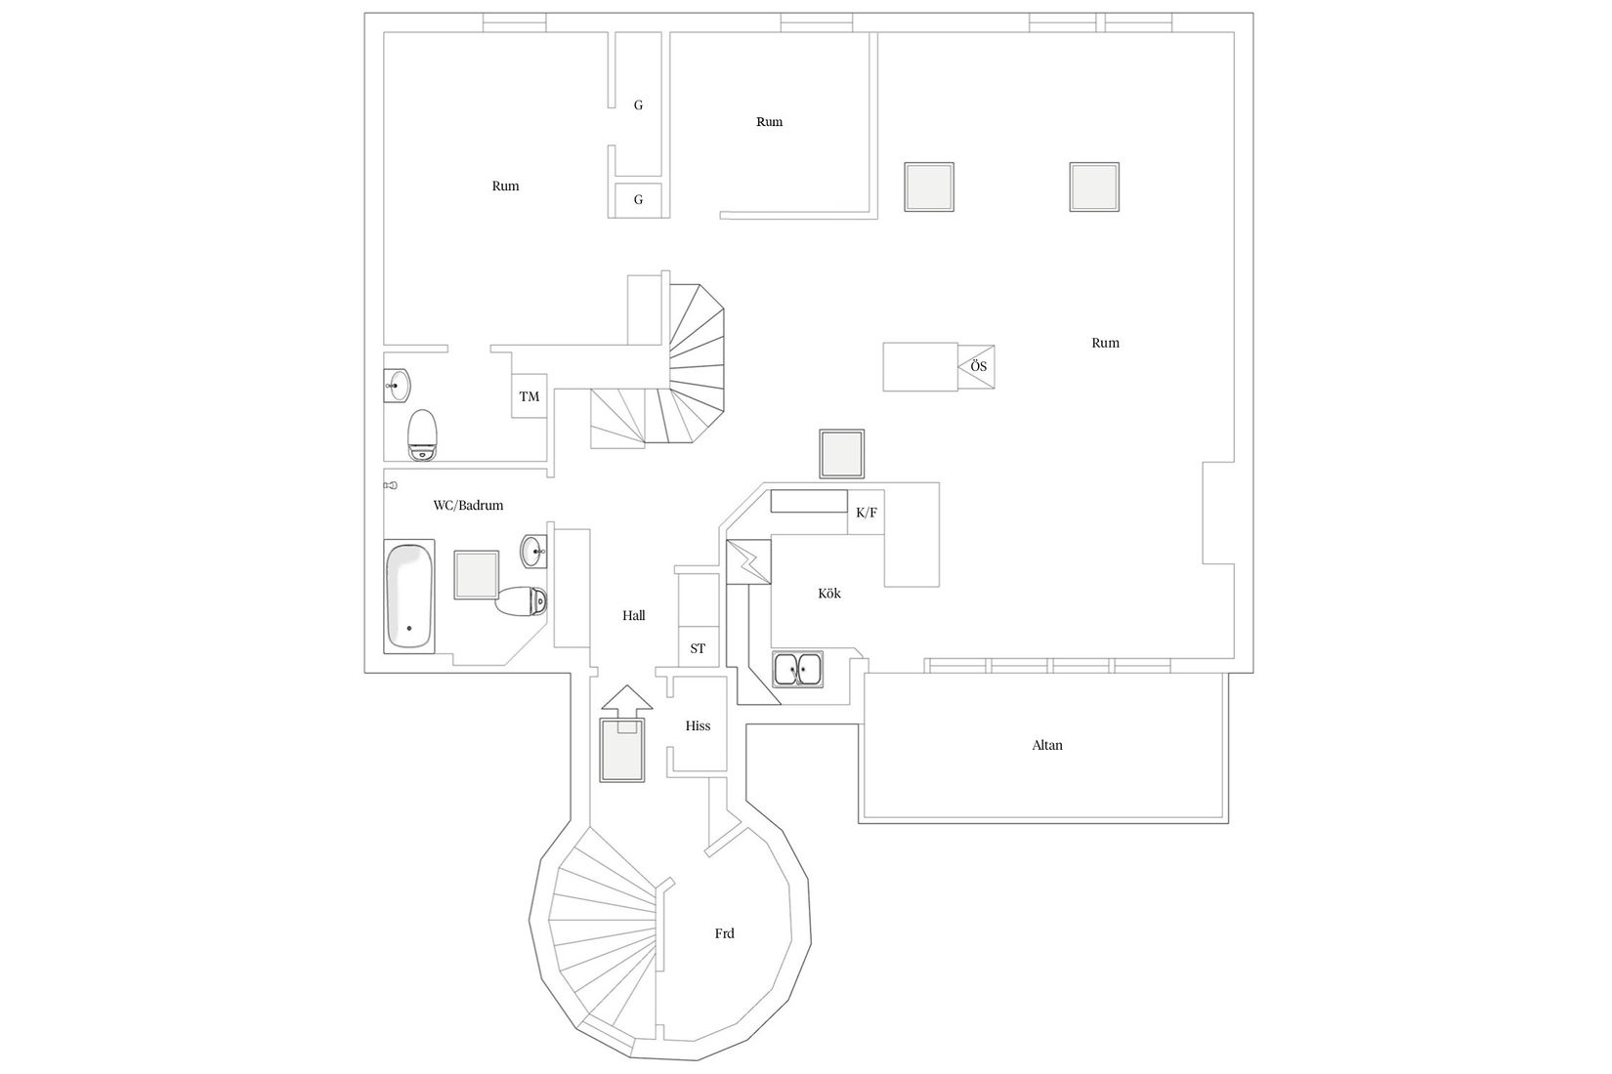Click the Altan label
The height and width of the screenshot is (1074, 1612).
1047,745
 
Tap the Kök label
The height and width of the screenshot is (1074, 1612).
829,594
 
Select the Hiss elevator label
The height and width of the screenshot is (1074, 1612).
698,726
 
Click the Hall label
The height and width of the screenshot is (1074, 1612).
634,616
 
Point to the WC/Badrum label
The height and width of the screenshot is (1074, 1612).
468,506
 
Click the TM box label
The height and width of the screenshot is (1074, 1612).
529,396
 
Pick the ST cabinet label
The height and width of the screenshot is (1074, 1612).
698,648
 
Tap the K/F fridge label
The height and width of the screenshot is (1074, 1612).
867,513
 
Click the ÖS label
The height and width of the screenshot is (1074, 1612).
978,367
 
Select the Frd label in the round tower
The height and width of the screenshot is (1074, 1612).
724,933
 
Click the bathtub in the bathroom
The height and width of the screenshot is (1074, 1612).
409,597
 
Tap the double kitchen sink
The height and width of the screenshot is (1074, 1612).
798,669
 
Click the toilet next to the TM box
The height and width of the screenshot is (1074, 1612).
422,434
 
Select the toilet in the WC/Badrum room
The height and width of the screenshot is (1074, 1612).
522,599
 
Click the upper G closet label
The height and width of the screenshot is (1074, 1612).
638,105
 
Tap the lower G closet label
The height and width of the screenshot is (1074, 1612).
638,200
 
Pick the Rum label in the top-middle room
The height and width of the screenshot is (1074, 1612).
769,122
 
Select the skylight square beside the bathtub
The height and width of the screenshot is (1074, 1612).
476,575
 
